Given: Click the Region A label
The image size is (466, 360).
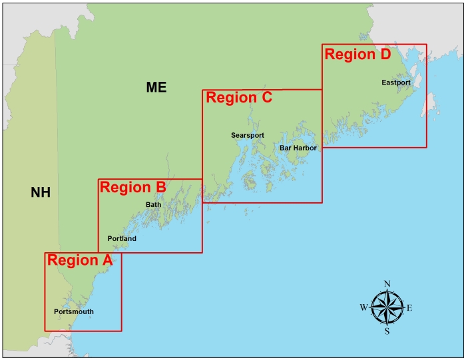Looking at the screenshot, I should point(79,260).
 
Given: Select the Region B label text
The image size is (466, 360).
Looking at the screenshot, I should point(132,187).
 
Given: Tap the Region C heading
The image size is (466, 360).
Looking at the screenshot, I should point(239,98).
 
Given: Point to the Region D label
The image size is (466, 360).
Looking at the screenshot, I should point(357,55).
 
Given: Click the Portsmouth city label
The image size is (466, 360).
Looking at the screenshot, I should point(73,311).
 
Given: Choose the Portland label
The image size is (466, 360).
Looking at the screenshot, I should point(122,238).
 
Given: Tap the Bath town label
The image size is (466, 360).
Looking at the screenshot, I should point(153,204).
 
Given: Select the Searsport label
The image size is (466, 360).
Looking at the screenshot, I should point(248,135).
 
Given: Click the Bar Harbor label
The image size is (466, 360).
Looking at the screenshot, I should point(298,148).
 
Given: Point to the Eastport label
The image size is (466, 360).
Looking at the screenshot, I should point(396,83).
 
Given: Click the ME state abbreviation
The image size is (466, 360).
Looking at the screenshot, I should point(156,87).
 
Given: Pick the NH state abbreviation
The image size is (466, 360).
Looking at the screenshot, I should point(41,193).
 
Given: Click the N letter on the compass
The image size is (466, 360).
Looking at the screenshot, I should point(387,284).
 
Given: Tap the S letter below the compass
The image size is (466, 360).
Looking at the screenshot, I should point(387,331).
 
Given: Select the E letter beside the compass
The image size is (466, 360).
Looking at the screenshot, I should point(409,307).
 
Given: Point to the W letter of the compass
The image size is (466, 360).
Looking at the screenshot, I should point(363,307).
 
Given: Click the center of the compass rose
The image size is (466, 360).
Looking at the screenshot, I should point(387,307).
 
